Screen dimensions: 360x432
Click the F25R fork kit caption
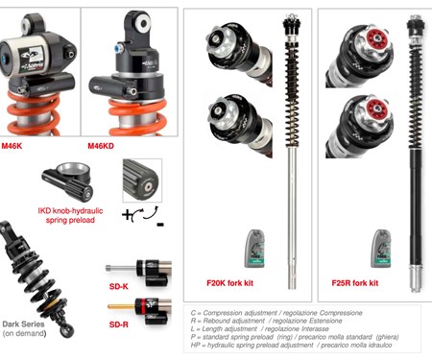click(x=362, y=283)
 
